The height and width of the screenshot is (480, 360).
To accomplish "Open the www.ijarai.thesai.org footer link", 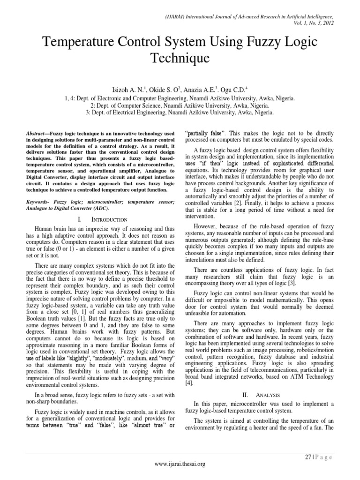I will [x=180, y=464].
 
